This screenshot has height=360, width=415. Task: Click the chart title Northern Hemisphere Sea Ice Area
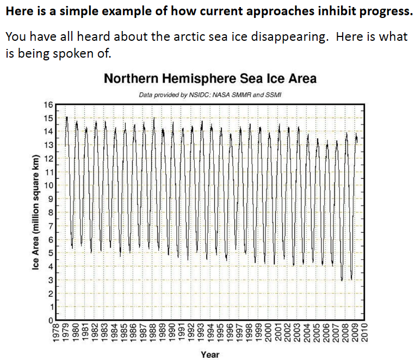click(210, 79)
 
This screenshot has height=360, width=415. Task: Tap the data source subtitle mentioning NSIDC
click(209, 95)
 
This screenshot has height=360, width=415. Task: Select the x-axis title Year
click(210, 355)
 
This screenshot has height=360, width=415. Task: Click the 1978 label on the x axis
click(55, 333)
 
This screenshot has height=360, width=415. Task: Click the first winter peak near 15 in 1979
click(66, 117)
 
